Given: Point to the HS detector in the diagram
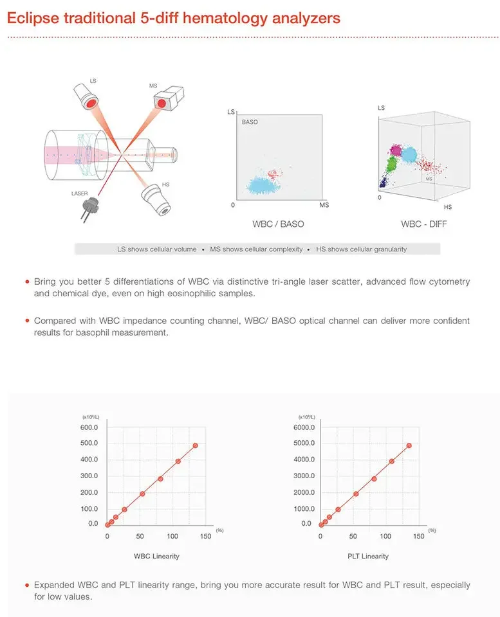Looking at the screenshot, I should pos(156,200).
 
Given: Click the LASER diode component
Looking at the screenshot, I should pos(89,206).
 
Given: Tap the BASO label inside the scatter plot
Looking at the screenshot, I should pos(250,121).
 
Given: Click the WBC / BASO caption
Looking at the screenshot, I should pos(278,224).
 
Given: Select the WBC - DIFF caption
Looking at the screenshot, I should pos(423,224).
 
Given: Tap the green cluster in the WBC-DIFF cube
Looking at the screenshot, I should pos(390,168).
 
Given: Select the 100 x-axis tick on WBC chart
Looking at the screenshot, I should pos(172,536).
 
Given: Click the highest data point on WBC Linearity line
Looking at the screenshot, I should pos(195,445).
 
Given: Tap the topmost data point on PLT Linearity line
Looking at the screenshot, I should pos(409,445).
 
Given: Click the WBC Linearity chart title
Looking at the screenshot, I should pos(156,556).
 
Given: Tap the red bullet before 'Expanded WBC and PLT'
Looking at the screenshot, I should pos(26,586).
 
